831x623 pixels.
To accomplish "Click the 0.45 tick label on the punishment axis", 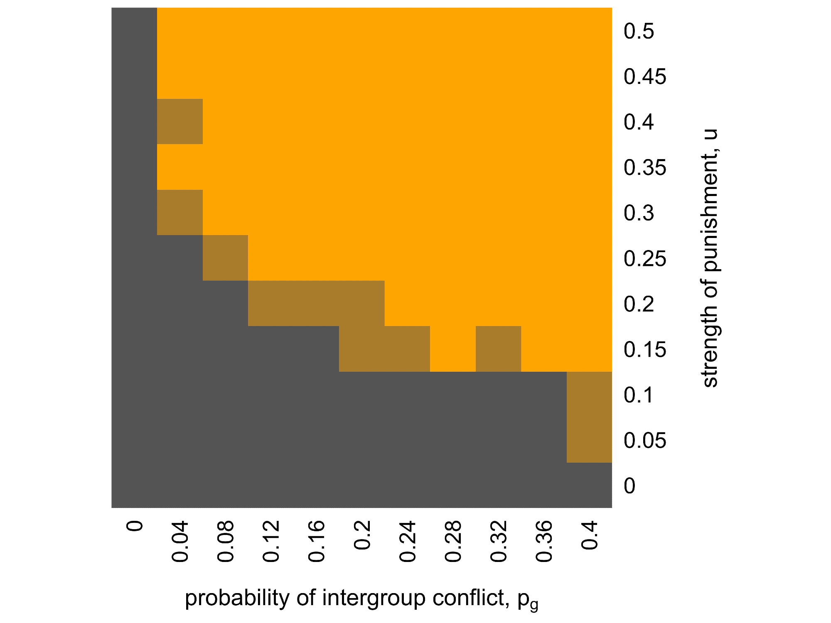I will (x=645, y=77).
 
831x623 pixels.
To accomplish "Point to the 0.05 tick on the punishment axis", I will (x=645, y=440).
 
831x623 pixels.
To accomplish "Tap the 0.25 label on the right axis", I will (x=645, y=259).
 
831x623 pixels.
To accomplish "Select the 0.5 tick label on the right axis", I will (x=639, y=32).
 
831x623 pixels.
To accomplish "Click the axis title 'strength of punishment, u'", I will (x=710, y=258).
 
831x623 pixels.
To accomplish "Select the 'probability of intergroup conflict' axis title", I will (x=361, y=599).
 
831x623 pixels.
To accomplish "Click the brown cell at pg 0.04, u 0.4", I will (x=180, y=121).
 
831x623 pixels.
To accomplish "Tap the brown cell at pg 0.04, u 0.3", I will (x=180, y=212).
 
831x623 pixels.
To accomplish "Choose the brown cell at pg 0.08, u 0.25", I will (x=225, y=258).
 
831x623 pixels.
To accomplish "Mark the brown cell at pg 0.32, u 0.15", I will (x=498, y=349).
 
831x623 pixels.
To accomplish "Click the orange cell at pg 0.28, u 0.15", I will (x=453, y=349).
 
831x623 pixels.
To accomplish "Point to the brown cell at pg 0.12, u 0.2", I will (x=271, y=303).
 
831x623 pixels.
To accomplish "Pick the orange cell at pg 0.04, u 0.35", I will (x=180, y=167).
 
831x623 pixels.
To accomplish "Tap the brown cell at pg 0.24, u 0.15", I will (x=407, y=349).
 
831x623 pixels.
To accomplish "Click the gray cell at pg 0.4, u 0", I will (x=589, y=485).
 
